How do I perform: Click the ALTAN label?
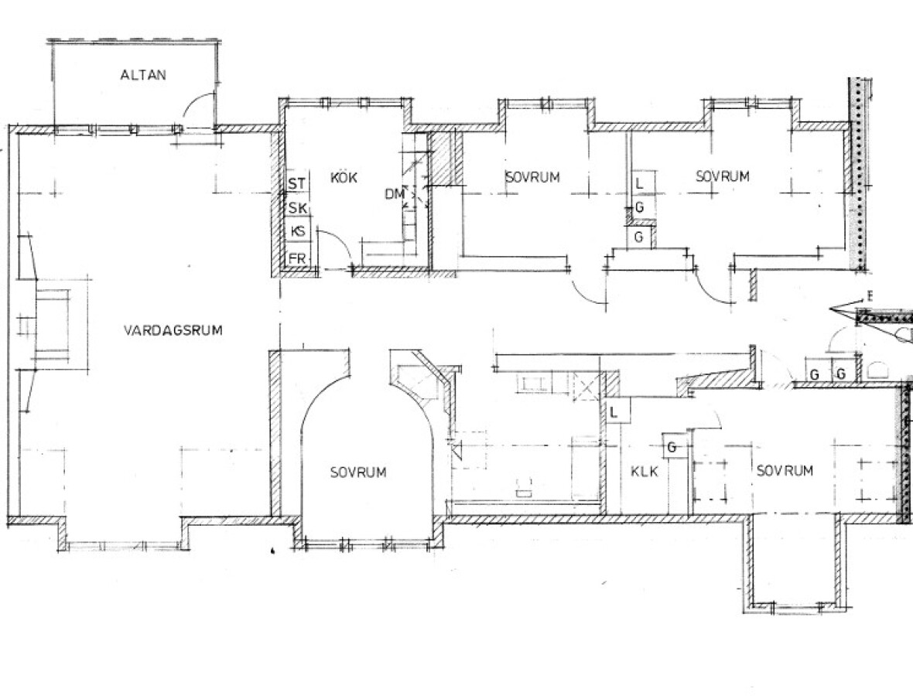143,74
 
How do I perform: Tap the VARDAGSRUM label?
173,330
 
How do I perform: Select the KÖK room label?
344,177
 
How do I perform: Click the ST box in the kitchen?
297,183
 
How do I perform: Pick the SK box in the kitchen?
297,208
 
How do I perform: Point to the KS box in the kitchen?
298,231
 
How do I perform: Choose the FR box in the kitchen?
297,258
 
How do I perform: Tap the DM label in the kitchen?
394,194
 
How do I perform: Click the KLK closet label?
645,471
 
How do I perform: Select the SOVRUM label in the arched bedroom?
358,472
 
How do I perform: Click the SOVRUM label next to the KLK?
785,470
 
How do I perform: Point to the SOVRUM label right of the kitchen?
532,177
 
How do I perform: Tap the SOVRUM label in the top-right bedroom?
722,176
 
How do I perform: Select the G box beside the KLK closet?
672,448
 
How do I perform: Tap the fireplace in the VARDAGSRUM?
53,326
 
